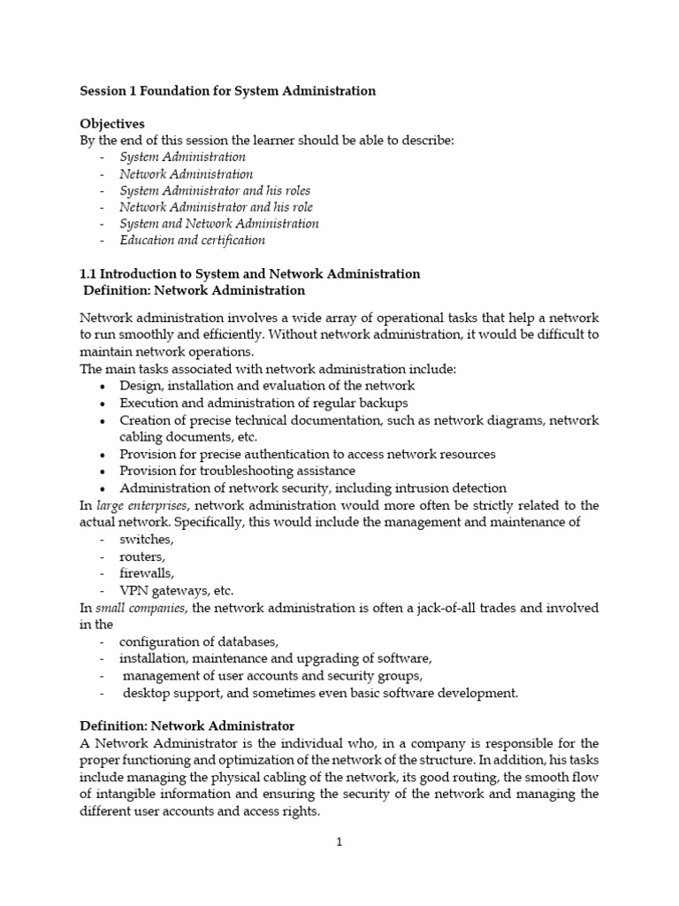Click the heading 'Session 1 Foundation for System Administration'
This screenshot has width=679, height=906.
(x=227, y=90)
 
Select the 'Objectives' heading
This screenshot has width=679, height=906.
(x=112, y=124)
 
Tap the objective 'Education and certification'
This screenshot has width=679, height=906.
(x=192, y=241)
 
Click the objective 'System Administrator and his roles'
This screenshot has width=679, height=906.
(x=215, y=190)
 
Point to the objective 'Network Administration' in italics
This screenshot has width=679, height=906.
(x=186, y=174)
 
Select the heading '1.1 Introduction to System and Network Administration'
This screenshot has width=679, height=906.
(x=249, y=274)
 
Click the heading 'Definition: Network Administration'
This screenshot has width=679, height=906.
(x=194, y=290)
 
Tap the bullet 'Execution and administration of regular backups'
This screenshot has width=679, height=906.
(x=257, y=403)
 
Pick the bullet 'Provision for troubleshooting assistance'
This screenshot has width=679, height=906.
(x=237, y=471)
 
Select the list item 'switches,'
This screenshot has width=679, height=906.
(x=147, y=539)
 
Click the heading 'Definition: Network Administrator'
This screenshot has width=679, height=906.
(x=187, y=726)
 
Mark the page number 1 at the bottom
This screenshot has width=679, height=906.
(x=339, y=842)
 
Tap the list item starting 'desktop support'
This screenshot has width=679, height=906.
(x=320, y=693)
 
